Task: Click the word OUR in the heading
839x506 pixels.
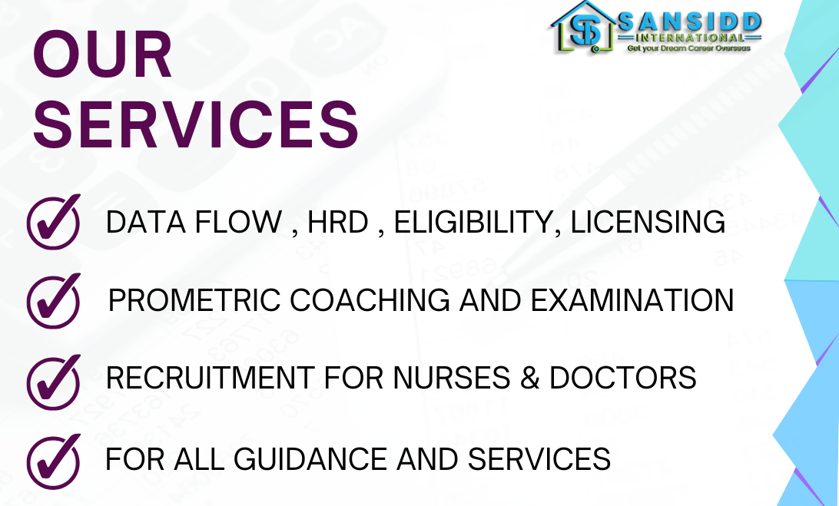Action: click(102, 55)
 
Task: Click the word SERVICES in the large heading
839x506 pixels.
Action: click(196, 124)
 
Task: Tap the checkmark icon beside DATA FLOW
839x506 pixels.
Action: click(54, 221)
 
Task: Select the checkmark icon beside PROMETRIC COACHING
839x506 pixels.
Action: click(54, 300)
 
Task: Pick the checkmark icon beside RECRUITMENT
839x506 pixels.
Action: click(54, 382)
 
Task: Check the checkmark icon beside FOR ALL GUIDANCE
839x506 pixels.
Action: click(54, 461)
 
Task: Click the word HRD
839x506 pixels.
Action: click(338, 222)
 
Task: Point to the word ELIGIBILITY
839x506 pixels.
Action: click(473, 222)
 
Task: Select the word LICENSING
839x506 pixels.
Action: click(648, 222)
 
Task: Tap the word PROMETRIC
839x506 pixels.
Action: click(194, 300)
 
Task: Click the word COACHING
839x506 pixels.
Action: click(370, 300)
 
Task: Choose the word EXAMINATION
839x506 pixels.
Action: click(632, 300)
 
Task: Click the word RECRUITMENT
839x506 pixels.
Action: click(211, 379)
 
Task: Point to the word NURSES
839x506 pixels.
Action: click(452, 379)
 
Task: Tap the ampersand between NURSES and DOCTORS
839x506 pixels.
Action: click(529, 379)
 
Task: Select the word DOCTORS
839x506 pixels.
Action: click(623, 379)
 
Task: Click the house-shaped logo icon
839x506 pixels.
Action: click(583, 28)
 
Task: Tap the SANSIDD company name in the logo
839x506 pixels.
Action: click(689, 22)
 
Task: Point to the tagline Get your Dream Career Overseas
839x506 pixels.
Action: click(688, 48)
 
